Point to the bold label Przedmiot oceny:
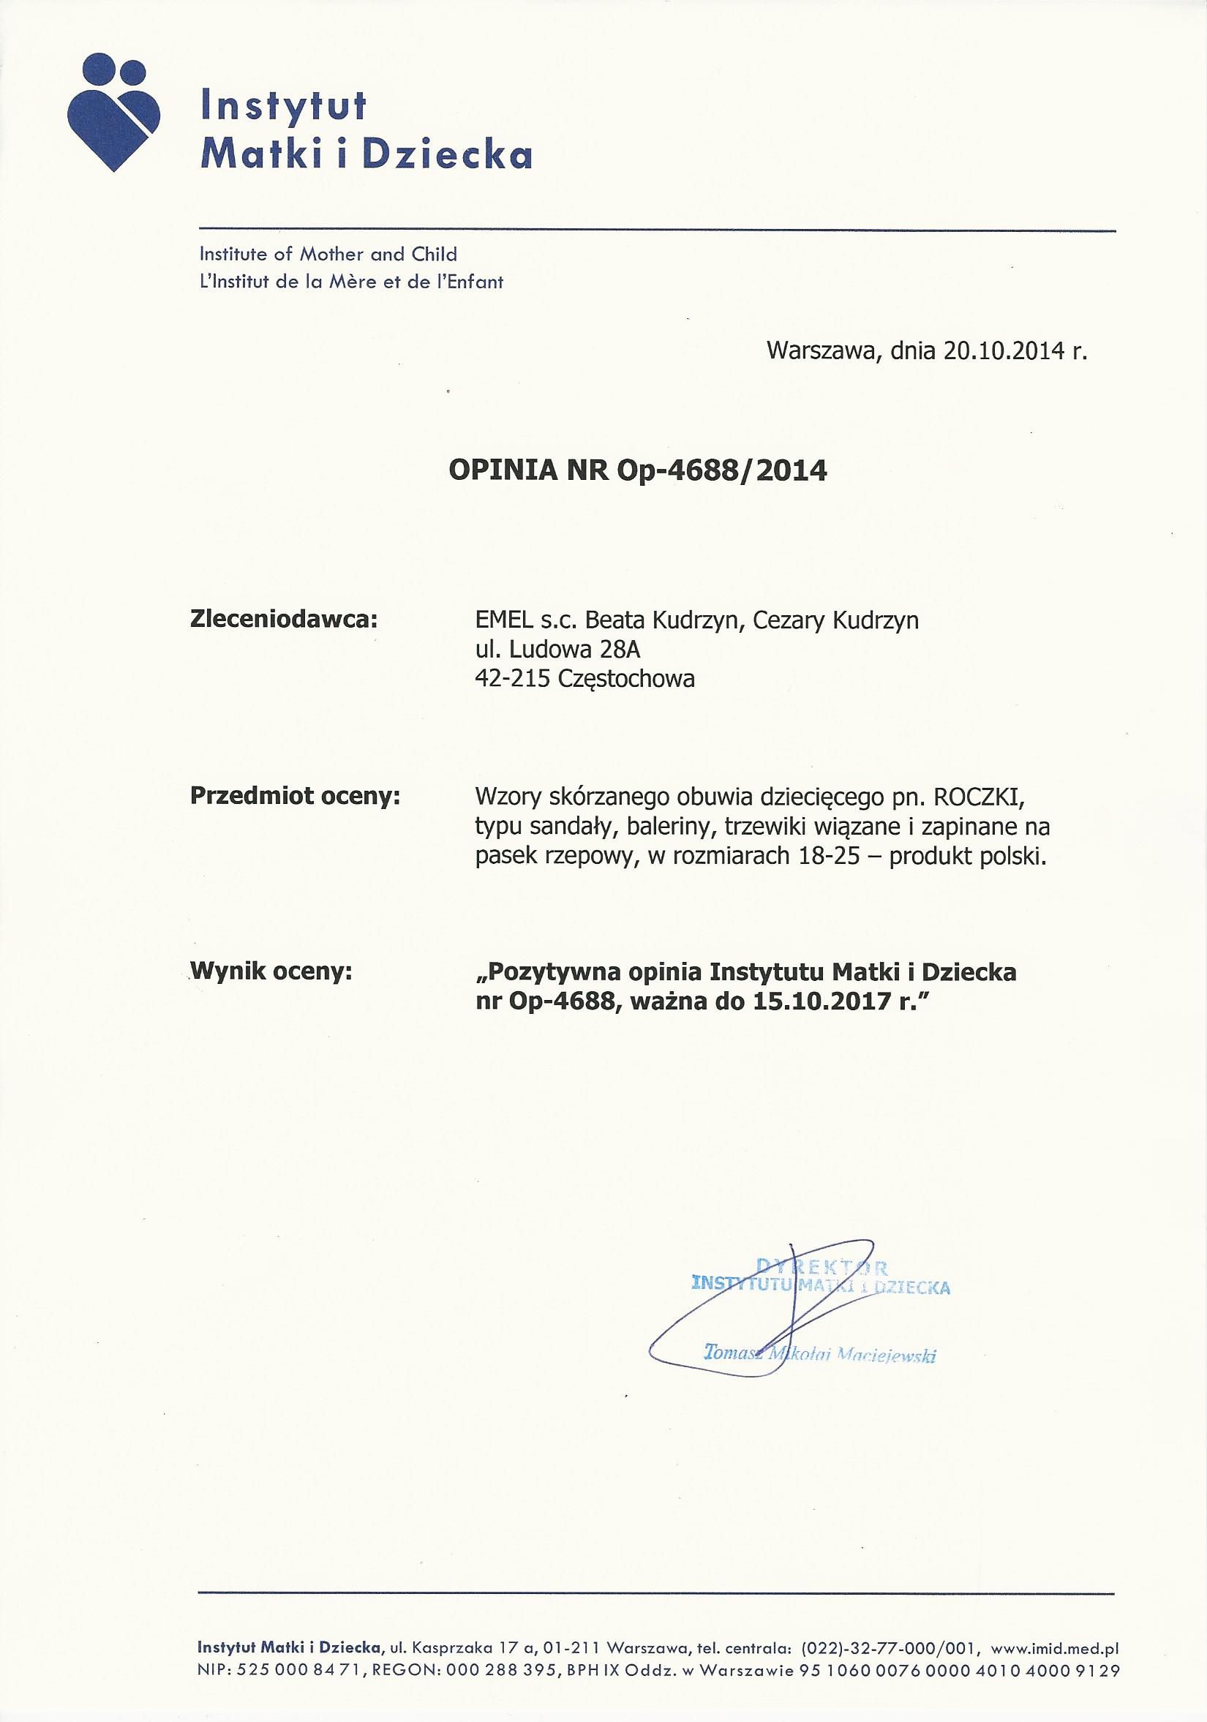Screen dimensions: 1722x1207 (296, 796)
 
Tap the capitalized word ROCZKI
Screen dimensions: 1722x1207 (990, 796)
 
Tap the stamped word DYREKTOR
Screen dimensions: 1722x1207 (821, 1268)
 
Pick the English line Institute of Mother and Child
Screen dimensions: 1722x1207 (328, 255)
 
